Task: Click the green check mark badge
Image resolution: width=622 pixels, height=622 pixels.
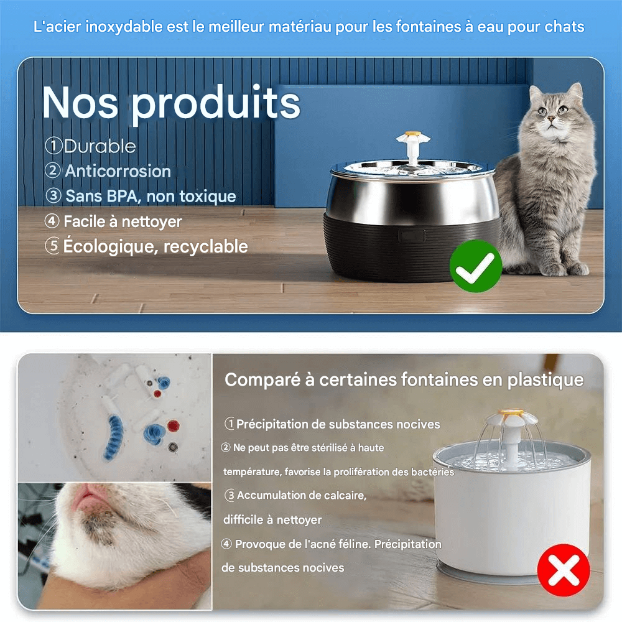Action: point(476,266)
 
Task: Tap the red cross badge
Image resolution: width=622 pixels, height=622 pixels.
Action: point(564,570)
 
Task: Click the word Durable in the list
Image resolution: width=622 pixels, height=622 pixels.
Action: point(100,146)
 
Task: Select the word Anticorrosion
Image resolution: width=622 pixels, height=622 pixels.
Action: point(118,171)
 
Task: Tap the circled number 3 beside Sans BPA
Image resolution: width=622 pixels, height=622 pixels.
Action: point(53,196)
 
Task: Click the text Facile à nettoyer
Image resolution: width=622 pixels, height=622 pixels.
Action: point(123,221)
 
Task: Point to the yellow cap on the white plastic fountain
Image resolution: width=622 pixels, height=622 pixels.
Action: point(510,413)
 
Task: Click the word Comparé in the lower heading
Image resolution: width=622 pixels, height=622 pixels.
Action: point(262,379)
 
